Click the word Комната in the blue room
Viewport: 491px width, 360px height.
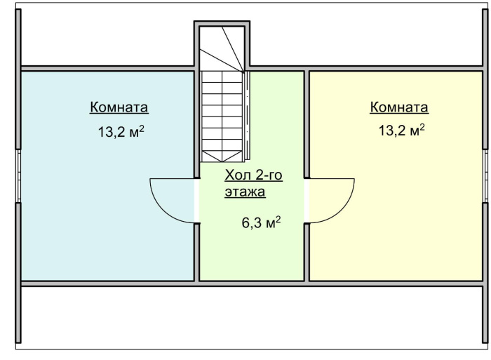[119, 107]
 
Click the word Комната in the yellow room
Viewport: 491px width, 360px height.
[399, 107]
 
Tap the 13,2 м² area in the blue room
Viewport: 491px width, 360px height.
[121, 131]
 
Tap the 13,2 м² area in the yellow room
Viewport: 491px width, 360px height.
[402, 130]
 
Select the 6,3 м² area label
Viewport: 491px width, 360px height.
[261, 222]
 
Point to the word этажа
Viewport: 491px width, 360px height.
[245, 192]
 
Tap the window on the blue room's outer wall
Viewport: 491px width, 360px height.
[18, 175]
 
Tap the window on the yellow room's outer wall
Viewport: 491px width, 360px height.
[485, 175]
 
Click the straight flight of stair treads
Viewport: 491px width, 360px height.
[222, 116]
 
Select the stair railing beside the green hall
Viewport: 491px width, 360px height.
[247, 116]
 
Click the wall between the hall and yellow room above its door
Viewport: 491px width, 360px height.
[307, 124]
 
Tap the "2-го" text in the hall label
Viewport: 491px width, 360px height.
[269, 175]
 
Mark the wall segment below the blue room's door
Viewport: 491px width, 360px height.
[196, 252]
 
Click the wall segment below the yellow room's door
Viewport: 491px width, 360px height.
[307, 252]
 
